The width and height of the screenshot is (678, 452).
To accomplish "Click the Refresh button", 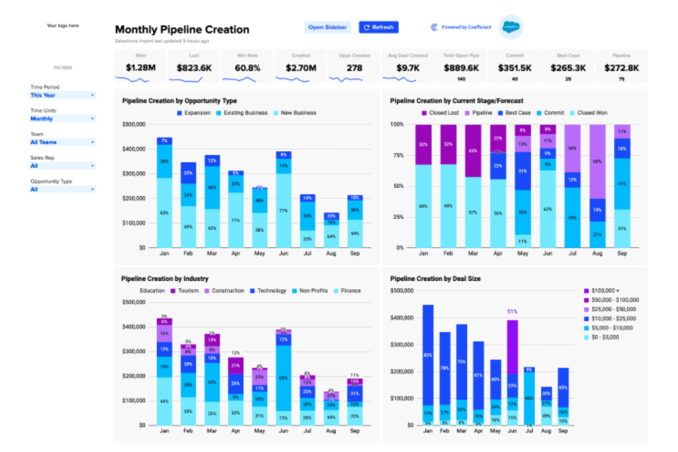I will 378,27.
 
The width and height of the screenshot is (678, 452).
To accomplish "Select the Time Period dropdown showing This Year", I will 62,95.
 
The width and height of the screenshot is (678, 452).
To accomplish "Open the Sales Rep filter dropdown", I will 62,166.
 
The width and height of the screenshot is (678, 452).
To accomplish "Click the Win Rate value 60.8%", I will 247,68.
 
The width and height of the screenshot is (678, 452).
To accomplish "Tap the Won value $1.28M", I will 141,68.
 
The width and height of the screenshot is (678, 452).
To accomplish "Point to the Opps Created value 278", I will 354,68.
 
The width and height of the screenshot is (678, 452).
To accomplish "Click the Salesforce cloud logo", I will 511,27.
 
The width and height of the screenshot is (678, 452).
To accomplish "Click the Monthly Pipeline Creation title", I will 182,30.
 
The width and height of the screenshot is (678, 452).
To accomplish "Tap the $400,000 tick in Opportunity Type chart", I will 134,149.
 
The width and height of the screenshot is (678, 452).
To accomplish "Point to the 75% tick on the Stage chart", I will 397,155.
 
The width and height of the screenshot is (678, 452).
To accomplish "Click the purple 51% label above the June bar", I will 512,311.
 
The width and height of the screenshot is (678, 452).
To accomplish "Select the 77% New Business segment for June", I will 284,211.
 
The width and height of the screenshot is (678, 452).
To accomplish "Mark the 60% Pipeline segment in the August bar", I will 597,162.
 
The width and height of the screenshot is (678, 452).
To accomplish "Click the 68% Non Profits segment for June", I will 284,378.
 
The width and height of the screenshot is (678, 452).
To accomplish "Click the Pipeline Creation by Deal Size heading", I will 435,278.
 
